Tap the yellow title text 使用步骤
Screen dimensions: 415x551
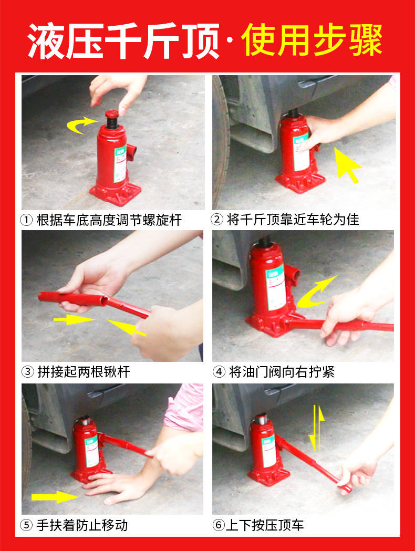[x=312, y=40]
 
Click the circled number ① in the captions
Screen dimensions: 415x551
[x=26, y=220]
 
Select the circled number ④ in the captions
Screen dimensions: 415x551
[x=219, y=372]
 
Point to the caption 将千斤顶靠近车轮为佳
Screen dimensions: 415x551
[x=293, y=220]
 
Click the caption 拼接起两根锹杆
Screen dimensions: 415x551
[x=84, y=372]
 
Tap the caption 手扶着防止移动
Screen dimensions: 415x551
[x=82, y=525]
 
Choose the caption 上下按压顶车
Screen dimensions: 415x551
[x=265, y=525]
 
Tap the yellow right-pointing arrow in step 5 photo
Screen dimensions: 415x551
[x=55, y=497]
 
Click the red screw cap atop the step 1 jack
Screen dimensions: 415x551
[x=112, y=114]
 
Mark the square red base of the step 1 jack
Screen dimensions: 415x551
[x=115, y=193]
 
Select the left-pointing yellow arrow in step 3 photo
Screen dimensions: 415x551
[x=127, y=327]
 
